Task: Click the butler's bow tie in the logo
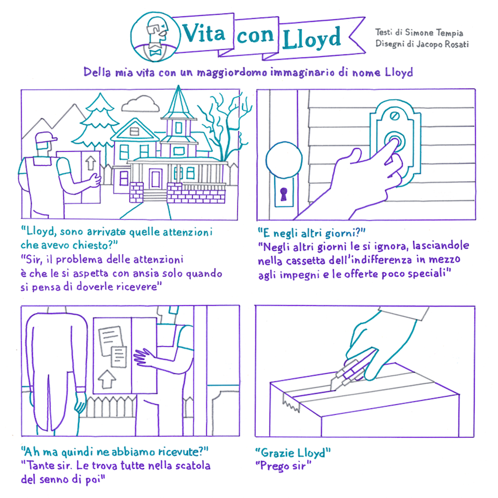coord(155,52)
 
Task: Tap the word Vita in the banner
coord(203,33)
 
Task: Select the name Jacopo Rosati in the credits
coord(442,44)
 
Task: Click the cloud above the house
coord(141,104)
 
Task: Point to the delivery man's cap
coord(46,138)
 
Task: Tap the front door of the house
coord(155,179)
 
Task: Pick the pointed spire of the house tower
coord(179,101)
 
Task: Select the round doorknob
coord(284,160)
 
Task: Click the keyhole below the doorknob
coord(284,194)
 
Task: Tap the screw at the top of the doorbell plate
coord(395,115)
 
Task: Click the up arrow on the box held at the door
coord(107,379)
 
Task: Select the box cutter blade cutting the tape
coord(335,382)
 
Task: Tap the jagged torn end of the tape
coord(291,403)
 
